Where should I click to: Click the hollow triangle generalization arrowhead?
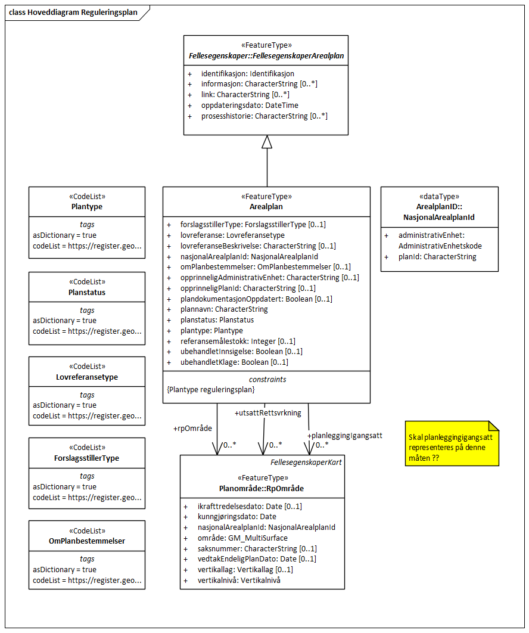pos(267,142)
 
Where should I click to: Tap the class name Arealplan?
pos(266,206)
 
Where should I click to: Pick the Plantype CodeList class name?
pos(87,206)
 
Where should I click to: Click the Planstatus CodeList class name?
pos(87,292)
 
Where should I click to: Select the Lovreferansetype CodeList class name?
pos(87,377)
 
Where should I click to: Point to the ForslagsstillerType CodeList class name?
pos(87,458)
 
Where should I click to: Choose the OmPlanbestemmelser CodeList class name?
pos(87,541)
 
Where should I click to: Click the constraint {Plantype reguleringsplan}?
pos(211,389)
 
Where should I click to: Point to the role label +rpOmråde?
pos(192,428)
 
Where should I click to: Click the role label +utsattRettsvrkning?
pos(268,412)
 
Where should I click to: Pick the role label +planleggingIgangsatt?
pos(344,436)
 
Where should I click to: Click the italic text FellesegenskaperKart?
pos(306,462)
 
